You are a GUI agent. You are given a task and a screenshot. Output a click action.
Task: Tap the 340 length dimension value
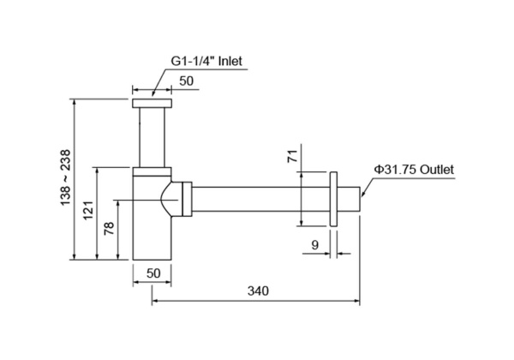tap(257, 291)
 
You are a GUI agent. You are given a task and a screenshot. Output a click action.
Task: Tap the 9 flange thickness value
tap(314, 245)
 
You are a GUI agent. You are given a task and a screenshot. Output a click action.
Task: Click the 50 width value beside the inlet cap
tap(187, 80)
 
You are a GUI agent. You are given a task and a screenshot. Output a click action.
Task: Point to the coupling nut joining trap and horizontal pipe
tap(182, 199)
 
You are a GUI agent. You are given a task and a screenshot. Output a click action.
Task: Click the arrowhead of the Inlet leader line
tap(154, 92)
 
